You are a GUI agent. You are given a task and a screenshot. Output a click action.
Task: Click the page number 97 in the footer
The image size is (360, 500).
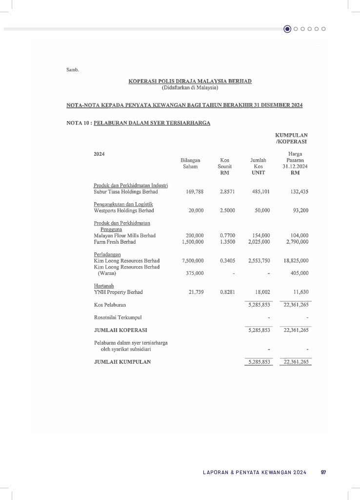[323, 473]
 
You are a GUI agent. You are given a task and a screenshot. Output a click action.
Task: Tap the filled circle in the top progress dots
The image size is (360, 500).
[287, 29]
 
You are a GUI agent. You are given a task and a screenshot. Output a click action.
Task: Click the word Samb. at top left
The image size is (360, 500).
[72, 69]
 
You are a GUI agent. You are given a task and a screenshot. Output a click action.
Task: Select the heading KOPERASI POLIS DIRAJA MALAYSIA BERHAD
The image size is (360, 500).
[190, 81]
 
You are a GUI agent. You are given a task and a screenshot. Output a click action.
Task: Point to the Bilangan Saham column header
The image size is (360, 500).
[190, 163]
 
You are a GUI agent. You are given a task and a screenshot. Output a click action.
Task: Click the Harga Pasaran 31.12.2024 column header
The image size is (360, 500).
[295, 163]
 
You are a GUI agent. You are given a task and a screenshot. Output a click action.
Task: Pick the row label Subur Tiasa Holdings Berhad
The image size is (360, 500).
[122, 192]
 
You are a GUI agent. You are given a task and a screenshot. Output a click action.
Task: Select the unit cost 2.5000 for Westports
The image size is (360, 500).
[227, 210]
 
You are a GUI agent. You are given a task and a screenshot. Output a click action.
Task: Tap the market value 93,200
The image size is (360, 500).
[299, 210]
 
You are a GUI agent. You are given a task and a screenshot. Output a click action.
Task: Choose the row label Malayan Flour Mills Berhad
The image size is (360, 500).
[124, 235]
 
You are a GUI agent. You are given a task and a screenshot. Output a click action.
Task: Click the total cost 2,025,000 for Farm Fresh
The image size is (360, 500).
[259, 242]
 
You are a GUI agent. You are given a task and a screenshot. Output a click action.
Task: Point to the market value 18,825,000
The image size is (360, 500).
[296, 261]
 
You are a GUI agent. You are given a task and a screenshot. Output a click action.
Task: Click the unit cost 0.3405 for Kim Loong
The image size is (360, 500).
[227, 261]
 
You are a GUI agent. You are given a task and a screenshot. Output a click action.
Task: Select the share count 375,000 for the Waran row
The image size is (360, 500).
[194, 273]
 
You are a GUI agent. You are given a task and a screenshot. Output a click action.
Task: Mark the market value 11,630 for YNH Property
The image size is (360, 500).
[299, 292]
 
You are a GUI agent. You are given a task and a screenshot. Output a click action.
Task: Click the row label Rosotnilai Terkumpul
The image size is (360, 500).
[115, 317]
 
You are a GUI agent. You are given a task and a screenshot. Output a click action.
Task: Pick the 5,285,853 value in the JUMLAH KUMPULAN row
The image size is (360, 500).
[259, 362]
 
